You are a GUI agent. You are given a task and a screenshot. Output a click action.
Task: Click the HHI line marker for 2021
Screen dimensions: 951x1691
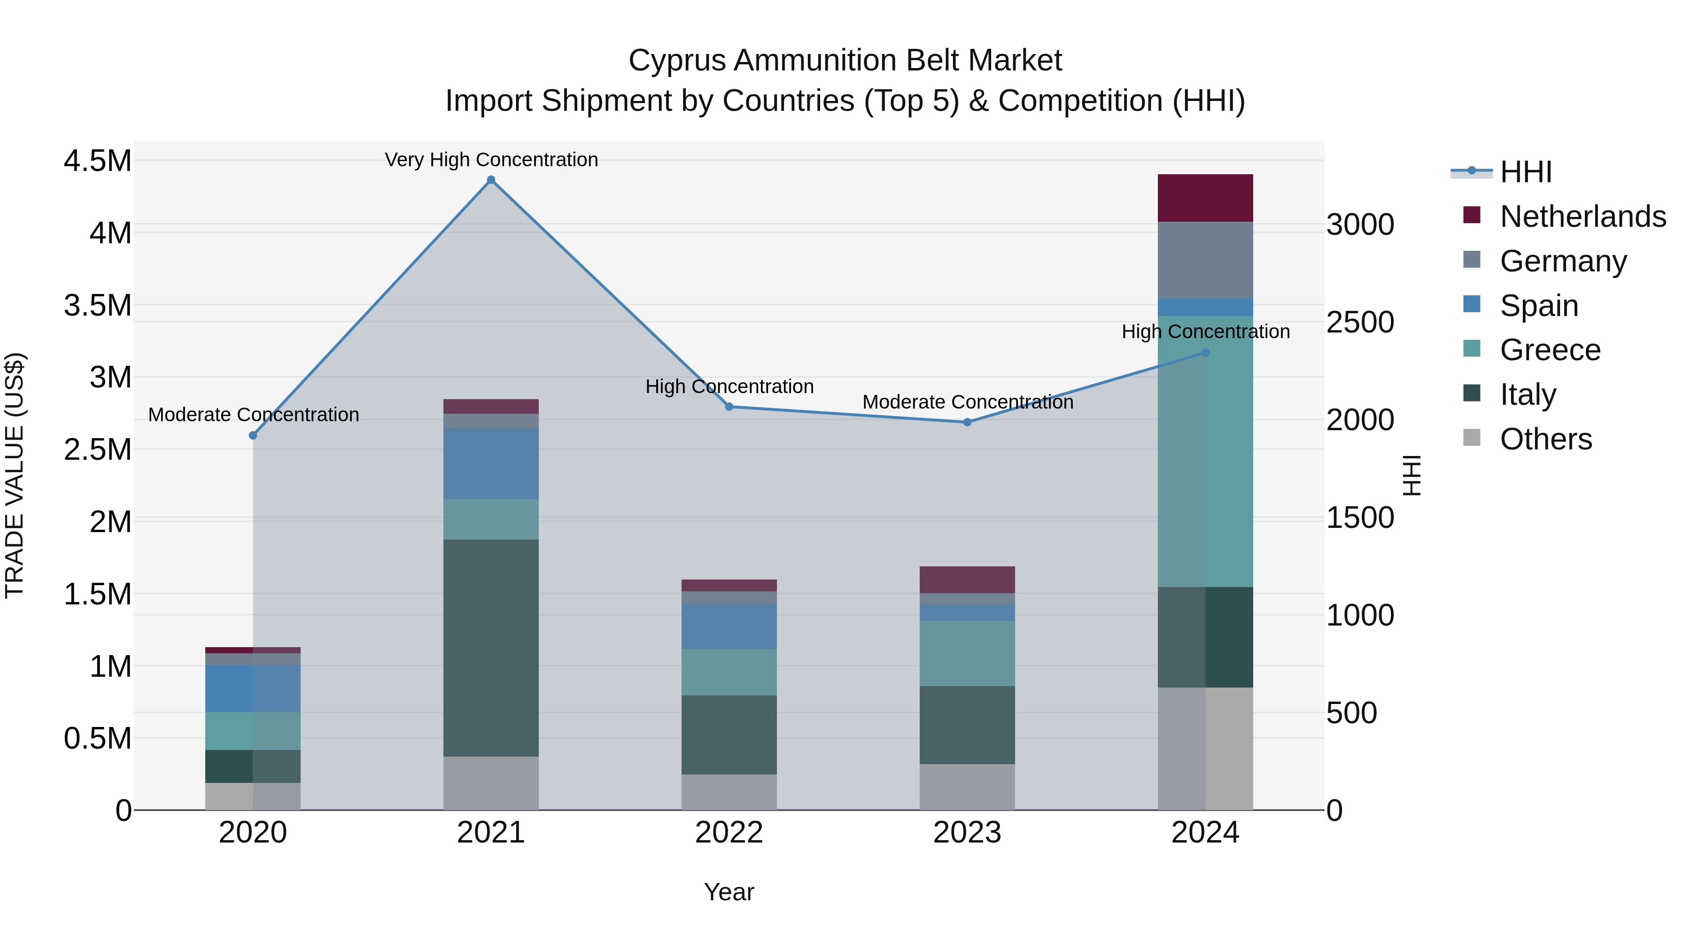(x=491, y=180)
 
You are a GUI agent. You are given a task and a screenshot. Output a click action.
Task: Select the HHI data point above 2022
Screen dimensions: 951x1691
(x=729, y=407)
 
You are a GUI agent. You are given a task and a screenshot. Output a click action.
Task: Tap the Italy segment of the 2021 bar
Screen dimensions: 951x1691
(x=491, y=648)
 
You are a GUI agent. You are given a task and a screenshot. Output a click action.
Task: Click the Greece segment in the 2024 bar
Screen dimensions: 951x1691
(x=1205, y=451)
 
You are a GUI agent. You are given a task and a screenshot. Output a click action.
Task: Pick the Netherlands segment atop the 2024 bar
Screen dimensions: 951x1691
(x=1205, y=198)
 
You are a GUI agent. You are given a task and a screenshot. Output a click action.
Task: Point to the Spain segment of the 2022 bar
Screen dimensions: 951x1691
(x=729, y=626)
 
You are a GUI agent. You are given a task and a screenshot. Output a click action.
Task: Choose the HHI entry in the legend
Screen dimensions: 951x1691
(x=1525, y=172)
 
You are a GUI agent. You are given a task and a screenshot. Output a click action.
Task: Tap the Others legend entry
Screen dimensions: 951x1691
(x=1545, y=439)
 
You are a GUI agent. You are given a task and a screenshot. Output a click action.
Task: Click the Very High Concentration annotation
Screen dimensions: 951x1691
(x=491, y=160)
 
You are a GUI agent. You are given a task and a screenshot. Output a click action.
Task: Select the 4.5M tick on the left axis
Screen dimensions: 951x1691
(x=97, y=161)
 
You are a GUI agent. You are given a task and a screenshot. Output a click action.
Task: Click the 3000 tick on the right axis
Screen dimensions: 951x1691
(x=1360, y=224)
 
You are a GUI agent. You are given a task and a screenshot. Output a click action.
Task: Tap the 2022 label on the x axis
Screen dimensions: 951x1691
(x=729, y=833)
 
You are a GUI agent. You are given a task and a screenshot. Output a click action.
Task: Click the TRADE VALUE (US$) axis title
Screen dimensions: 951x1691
(x=15, y=475)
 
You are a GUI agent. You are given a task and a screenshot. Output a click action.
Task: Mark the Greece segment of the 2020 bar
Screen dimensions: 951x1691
(x=253, y=730)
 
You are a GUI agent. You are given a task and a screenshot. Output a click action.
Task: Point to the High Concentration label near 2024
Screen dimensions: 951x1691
(x=1205, y=332)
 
